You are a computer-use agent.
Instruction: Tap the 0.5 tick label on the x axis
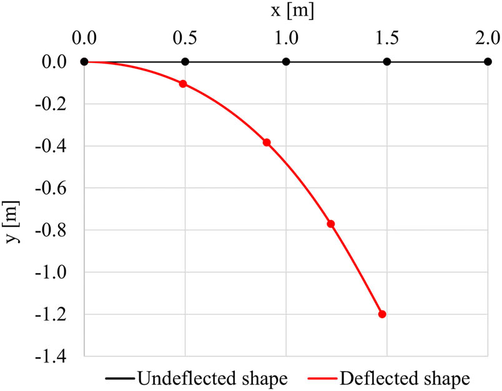pos(185,38)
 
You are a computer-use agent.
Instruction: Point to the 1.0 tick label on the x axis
pos(286,38)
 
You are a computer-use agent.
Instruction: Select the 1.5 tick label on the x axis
pos(387,38)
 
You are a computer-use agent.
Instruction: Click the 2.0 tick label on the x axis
pos(488,38)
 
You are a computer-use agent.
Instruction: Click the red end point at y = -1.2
pos(382,314)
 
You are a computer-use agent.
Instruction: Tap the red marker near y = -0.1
pos(183,84)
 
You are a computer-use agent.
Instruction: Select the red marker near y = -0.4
pos(267,142)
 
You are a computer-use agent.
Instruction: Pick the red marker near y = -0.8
pos(331,224)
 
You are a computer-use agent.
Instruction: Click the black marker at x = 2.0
pos(488,62)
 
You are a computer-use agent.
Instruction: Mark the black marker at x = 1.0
pos(286,62)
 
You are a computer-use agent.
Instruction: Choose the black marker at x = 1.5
pos(387,62)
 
